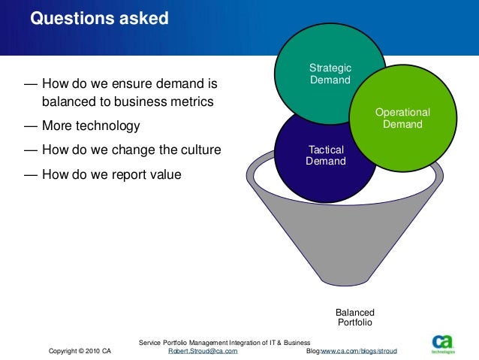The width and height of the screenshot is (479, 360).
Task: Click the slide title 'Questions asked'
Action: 99,18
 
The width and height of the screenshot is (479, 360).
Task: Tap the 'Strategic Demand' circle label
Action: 330,74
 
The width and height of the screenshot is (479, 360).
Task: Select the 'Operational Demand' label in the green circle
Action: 402,118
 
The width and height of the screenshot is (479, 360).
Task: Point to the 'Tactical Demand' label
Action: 326,155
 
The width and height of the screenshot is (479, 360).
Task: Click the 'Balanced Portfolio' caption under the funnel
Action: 355,317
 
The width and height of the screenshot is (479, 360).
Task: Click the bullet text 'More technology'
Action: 91,126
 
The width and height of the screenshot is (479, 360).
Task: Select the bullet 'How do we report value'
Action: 112,174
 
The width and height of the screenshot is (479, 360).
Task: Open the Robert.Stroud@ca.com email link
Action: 203,351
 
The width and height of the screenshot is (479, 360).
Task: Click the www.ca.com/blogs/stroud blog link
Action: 359,351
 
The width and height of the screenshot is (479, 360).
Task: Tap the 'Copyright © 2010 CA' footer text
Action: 80,351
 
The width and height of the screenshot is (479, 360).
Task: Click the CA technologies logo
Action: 443,343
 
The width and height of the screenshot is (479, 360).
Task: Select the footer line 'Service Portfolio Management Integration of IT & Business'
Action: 224,343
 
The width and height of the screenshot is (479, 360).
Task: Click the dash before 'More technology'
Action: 31,126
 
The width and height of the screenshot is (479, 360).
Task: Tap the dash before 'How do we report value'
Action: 31,175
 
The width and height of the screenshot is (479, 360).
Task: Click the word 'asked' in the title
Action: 144,18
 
